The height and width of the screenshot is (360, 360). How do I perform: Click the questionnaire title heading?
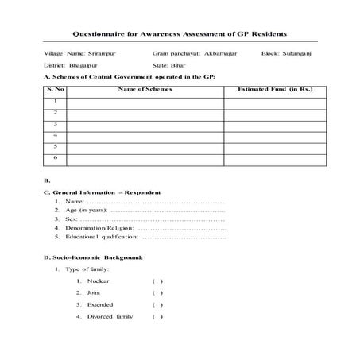pos(180,35)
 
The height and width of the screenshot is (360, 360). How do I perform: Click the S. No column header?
pos(55,90)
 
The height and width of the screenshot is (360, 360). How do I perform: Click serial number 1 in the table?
pos(55,101)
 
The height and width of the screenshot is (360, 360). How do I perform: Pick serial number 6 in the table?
pos(55,158)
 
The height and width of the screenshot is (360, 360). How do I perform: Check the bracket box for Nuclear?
pos(157,281)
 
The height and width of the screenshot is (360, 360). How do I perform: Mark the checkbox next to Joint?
pos(157,293)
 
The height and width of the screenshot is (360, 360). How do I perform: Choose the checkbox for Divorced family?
pos(157,316)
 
